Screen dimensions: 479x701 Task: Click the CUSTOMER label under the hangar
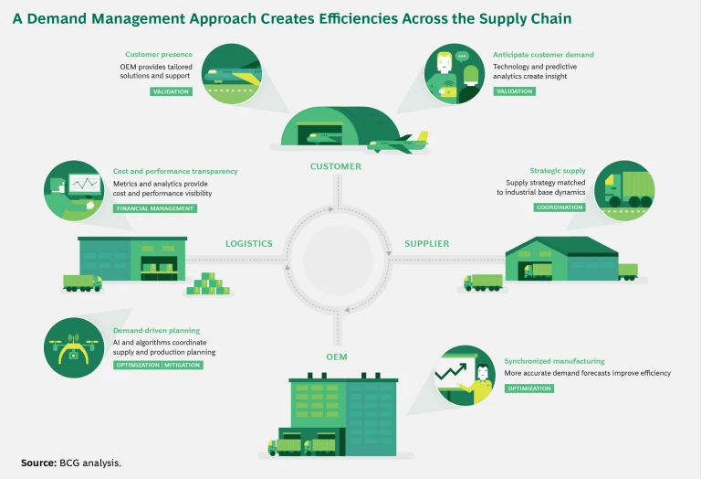[x=336, y=166]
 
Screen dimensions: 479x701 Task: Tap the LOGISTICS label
[x=249, y=244]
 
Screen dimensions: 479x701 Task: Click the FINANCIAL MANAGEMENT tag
[x=155, y=208]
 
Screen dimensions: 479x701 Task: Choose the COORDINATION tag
[x=560, y=208]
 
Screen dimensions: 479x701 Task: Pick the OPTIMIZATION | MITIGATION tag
[x=158, y=365]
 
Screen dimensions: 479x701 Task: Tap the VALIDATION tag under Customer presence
[x=171, y=91]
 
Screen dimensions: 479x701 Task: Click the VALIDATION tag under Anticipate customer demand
[x=514, y=91]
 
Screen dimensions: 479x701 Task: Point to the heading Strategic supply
[x=558, y=171]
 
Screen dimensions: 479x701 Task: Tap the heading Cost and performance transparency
[x=175, y=171]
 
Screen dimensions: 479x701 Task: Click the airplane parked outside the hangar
[x=398, y=144]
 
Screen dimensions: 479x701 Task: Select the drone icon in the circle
[x=73, y=346]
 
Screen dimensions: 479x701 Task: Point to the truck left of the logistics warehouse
[x=82, y=283]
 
